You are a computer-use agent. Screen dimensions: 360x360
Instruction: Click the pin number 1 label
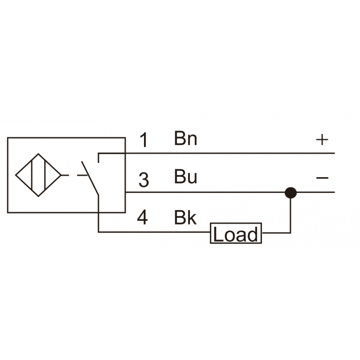[144, 140]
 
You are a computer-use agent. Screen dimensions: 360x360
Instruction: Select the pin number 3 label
[144, 180]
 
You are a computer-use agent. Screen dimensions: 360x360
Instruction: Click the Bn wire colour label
[186, 138]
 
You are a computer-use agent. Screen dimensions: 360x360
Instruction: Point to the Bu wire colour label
[186, 176]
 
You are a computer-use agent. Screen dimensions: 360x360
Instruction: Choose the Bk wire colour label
[185, 217]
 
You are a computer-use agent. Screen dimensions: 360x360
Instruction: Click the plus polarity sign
[322, 139]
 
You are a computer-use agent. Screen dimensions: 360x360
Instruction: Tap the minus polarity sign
[322, 178]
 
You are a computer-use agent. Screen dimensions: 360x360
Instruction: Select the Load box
[236, 233]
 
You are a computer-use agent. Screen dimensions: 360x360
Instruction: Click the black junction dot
[291, 193]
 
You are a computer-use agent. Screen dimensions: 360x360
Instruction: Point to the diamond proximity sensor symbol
[38, 175]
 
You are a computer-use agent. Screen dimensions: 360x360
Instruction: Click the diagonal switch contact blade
[90, 178]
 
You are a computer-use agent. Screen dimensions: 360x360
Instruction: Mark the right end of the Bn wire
[334, 153]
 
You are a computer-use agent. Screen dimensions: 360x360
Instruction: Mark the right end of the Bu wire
[334, 192]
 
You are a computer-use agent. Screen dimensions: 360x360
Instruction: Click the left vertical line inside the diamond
[32, 175]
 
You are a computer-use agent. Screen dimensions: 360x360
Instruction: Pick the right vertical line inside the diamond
[45, 175]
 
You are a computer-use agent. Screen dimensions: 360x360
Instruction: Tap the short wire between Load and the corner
[276, 233]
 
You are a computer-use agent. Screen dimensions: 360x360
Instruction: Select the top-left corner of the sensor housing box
[8, 138]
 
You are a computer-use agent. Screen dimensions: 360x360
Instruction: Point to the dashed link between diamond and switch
[75, 176]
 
